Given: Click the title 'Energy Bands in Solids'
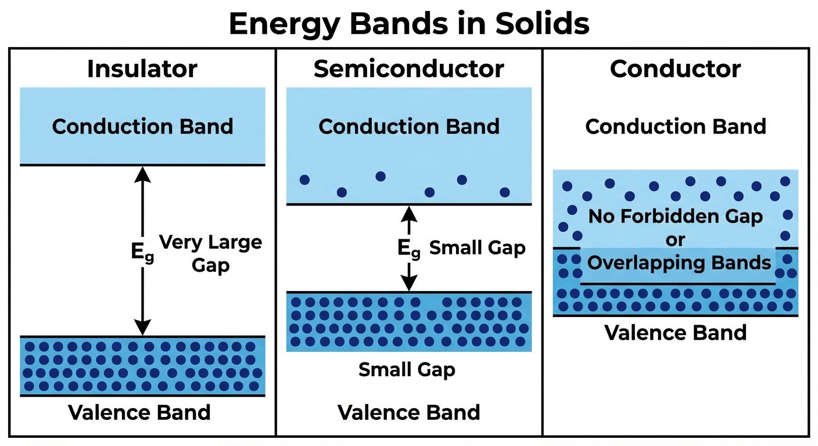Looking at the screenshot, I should click(x=408, y=24).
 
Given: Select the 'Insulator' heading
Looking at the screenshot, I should click(x=142, y=69).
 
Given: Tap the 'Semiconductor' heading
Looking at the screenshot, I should click(x=408, y=69).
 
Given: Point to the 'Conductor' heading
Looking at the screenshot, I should click(x=675, y=69).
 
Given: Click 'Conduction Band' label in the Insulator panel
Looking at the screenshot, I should click(x=142, y=127).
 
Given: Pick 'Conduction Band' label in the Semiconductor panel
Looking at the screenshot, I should click(x=408, y=127).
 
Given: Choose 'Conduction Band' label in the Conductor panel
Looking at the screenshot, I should click(x=675, y=127).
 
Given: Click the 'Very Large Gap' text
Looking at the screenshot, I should click(x=210, y=254).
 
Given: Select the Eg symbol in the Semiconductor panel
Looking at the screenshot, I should click(x=408, y=249).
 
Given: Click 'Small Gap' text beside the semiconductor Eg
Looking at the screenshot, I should click(x=477, y=249).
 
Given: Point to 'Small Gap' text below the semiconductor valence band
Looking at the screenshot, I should click(x=407, y=369).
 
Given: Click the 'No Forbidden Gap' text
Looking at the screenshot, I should click(x=675, y=217).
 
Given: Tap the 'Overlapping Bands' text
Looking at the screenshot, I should click(x=679, y=262).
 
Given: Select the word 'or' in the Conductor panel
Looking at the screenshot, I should click(x=675, y=239).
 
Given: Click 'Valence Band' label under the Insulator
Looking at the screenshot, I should click(x=139, y=412).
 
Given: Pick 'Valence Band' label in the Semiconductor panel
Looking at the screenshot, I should click(x=408, y=412).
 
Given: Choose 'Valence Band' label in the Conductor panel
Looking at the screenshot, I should click(x=675, y=333).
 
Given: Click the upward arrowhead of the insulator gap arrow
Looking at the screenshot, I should click(x=142, y=173).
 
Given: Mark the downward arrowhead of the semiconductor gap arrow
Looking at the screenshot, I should click(x=410, y=283).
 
